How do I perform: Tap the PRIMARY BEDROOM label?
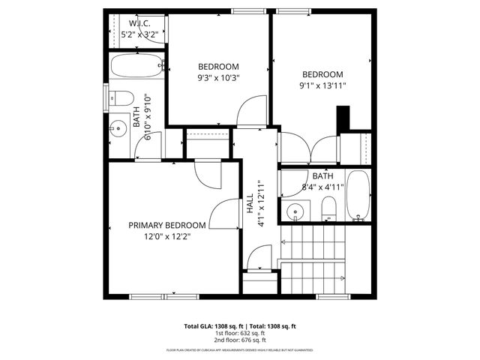point(166,225)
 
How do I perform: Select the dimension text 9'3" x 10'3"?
point(217,77)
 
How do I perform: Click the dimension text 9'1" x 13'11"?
point(322,85)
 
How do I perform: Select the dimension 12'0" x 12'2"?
point(166,236)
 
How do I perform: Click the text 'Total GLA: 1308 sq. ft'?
point(214,326)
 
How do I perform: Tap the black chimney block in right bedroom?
point(343,118)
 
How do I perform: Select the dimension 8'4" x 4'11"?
point(322,187)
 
